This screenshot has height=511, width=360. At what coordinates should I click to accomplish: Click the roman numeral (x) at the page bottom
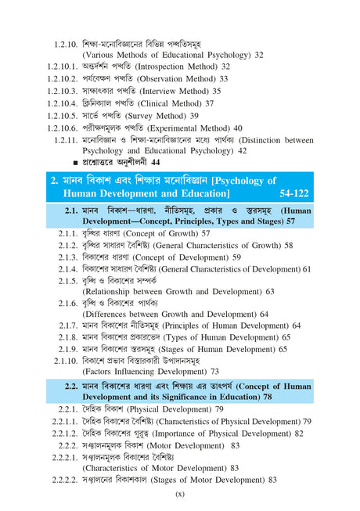(179, 494)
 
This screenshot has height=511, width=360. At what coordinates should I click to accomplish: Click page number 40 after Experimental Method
(237, 128)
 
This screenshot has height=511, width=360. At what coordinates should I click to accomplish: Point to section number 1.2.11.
(61, 139)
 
